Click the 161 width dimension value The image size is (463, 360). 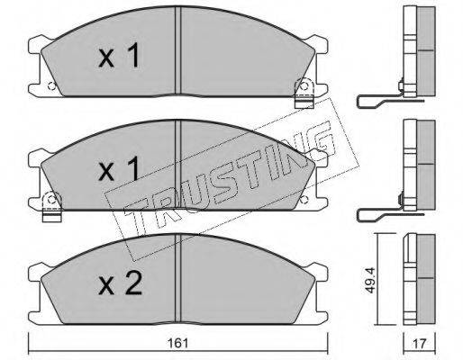point(179,343)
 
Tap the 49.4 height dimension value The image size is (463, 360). point(370,281)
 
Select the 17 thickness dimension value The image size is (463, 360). point(419,344)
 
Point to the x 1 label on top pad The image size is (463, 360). point(119,55)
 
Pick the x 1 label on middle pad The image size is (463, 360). point(119,168)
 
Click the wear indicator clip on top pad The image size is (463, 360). point(304,93)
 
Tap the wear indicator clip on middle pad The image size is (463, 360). point(52,207)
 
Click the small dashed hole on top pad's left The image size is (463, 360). point(51,86)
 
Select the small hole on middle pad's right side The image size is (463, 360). point(304,199)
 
